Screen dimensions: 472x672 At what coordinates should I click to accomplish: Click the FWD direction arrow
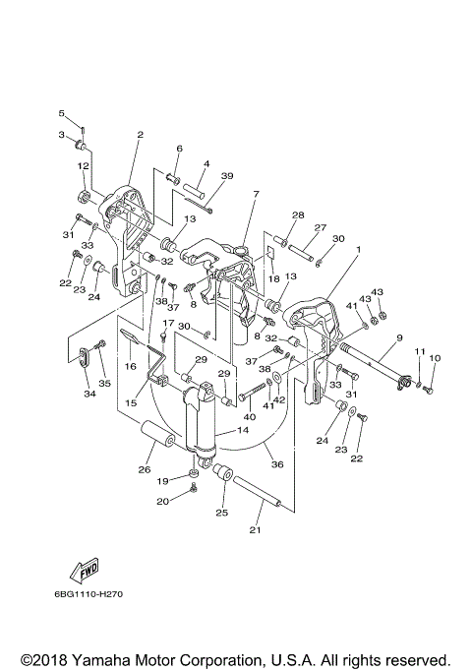pyautogui.click(x=85, y=572)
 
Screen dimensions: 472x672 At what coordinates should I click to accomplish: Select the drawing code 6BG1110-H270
pyautogui.click(x=88, y=594)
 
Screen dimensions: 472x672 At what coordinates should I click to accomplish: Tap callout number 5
pyautogui.click(x=61, y=113)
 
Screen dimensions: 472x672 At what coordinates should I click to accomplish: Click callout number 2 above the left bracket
pyautogui.click(x=140, y=135)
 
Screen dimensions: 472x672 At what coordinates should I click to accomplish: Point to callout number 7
pyautogui.click(x=256, y=194)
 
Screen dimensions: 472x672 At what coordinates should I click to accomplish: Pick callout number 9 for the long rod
pyautogui.click(x=399, y=337)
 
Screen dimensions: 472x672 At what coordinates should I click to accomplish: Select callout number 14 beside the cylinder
pyautogui.click(x=243, y=430)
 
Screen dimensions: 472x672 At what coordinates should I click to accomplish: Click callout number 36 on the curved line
pyautogui.click(x=277, y=464)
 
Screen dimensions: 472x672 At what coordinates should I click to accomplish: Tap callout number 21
pyautogui.click(x=255, y=530)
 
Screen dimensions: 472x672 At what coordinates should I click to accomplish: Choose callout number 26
pyautogui.click(x=145, y=469)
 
